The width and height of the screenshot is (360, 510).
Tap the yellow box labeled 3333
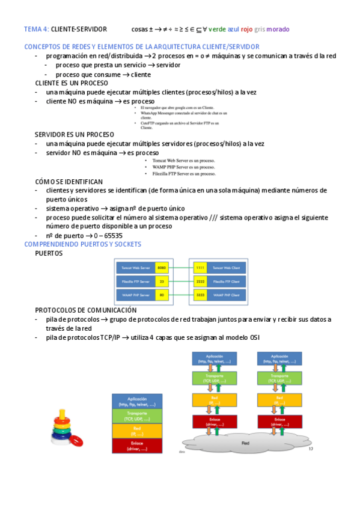click(x=200, y=295)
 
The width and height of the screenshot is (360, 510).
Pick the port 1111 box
click(x=200, y=266)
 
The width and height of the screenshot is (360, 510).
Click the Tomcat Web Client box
click(x=226, y=266)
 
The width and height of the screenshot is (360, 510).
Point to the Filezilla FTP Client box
click(x=226, y=281)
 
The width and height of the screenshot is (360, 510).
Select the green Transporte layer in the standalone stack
click(x=137, y=414)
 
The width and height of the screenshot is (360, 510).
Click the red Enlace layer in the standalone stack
click(x=137, y=445)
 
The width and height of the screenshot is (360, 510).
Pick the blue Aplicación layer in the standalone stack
click(x=137, y=400)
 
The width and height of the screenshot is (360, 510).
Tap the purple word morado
click(x=278, y=29)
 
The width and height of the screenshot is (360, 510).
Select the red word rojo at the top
click(x=246, y=29)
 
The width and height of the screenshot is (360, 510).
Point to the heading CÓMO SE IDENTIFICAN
click(x=69, y=182)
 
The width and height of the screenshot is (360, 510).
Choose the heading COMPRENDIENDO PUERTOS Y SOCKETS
click(x=82, y=244)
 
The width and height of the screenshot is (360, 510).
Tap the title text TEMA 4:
click(x=36, y=29)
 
